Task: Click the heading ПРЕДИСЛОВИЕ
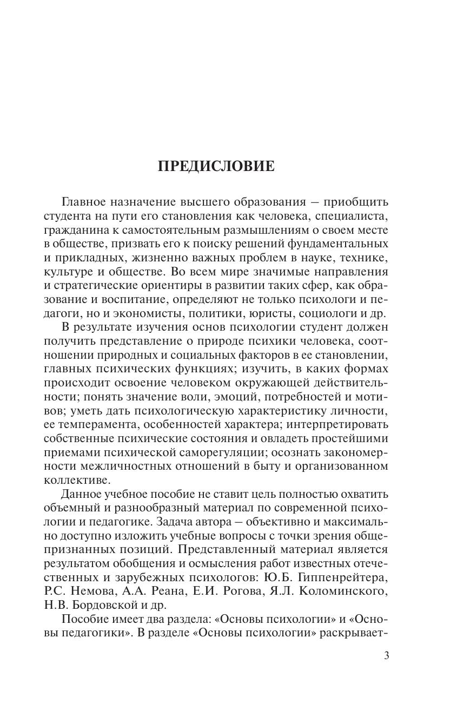tap(216, 166)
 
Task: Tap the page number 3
tap(386, 656)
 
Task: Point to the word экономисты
tap(197, 313)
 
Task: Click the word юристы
tap(280, 313)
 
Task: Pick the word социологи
tap(336, 313)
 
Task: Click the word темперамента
tap(95, 424)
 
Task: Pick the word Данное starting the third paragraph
tap(83, 494)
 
